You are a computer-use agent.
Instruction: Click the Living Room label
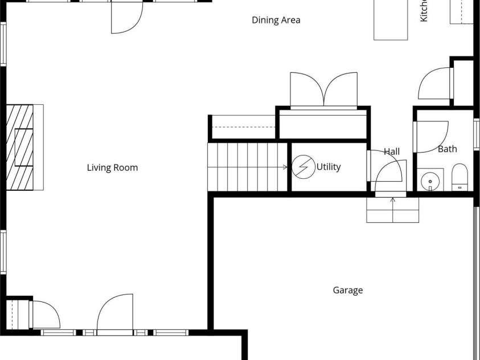point(112,167)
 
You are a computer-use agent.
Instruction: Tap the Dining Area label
point(276,21)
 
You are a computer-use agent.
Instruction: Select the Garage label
point(347,291)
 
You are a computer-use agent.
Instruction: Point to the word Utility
point(329,167)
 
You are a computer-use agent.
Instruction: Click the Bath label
point(447,149)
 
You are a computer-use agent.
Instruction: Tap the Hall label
point(392,152)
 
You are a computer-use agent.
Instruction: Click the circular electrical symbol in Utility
point(302,167)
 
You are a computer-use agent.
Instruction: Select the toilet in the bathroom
point(459,177)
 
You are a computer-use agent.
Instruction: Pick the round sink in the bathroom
point(430,180)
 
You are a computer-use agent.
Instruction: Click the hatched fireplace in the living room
point(20,147)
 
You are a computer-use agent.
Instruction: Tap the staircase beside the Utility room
point(247,167)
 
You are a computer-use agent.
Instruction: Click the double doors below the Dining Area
point(323,89)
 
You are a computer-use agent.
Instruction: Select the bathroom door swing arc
point(432,137)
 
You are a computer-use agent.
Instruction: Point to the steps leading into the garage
point(393,210)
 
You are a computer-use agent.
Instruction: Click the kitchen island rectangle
point(391,19)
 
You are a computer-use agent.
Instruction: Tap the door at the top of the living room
point(125,17)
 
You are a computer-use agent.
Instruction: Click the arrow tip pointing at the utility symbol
point(286,167)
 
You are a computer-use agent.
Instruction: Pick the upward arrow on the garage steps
point(393,199)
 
